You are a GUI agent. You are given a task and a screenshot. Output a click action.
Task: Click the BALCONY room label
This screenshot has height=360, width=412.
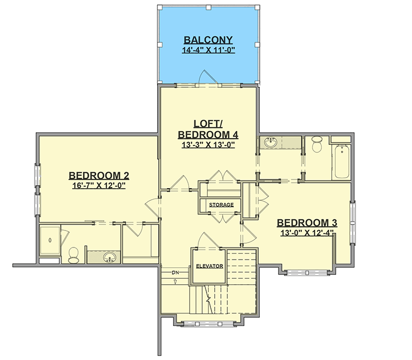208,40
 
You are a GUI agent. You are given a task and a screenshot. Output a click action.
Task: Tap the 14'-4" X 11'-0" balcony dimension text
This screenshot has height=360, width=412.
208,50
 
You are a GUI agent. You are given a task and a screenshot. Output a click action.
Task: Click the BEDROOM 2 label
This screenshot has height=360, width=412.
99,176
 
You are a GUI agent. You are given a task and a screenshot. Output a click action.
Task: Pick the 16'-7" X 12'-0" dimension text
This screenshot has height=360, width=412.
99,185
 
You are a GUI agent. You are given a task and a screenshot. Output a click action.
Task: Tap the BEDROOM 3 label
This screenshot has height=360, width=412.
307,223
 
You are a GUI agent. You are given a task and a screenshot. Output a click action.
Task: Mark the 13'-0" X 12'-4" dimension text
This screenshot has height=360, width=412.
307,233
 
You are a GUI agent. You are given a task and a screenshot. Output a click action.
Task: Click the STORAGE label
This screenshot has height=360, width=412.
221,205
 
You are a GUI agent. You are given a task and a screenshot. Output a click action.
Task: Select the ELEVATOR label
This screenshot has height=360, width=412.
209,266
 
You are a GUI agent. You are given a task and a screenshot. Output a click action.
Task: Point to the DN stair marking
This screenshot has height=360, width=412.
175,272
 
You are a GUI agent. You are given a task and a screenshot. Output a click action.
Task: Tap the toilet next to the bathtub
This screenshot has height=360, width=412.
316,145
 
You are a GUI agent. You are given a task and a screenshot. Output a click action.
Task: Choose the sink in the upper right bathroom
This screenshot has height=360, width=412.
270,143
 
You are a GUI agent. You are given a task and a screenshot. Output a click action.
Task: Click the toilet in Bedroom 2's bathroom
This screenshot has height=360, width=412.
74,255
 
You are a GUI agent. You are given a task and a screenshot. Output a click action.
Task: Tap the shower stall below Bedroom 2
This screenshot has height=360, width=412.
51,240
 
